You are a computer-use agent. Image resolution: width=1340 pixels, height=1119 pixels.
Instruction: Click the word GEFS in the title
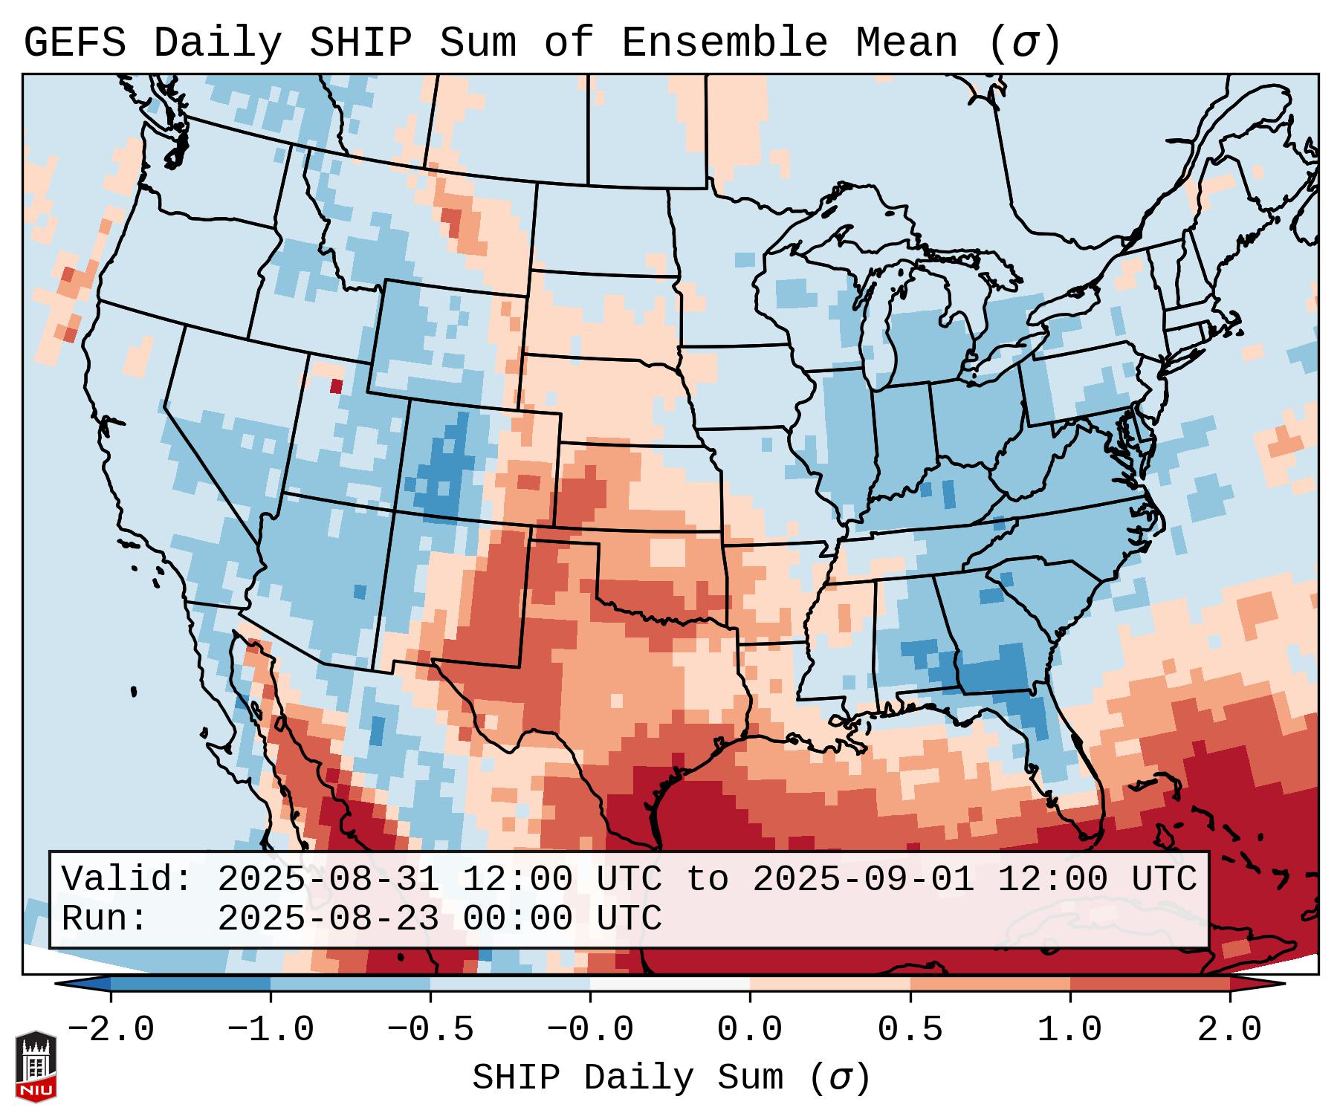(x=74, y=43)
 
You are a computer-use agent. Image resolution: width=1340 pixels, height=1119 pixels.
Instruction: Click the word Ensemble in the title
(x=724, y=43)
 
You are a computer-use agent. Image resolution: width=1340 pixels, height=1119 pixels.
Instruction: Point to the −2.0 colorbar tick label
(x=111, y=1030)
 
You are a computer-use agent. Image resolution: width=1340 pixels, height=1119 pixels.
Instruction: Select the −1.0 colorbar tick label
(x=271, y=1030)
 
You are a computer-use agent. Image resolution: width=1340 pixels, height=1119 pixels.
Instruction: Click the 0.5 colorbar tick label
(x=910, y=1030)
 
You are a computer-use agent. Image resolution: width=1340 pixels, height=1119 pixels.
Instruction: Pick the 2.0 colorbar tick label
(x=1229, y=1030)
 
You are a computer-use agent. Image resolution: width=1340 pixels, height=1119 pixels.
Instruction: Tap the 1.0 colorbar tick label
(x=1069, y=1030)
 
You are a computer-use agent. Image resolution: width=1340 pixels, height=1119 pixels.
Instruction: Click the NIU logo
(x=36, y=1066)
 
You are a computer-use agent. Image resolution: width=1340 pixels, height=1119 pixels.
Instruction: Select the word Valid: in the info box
(x=127, y=879)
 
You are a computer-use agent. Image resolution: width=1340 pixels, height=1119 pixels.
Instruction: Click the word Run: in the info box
(x=105, y=918)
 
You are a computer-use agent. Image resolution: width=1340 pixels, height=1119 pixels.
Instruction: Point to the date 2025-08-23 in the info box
(x=328, y=918)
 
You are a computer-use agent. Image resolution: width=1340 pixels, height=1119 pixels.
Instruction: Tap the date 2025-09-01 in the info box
(x=863, y=879)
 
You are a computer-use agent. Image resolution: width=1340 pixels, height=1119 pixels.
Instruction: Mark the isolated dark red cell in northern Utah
(x=337, y=386)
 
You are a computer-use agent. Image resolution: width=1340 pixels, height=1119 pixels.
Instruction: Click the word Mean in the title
(x=907, y=43)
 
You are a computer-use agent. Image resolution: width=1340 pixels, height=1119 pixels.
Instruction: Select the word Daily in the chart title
(x=218, y=43)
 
